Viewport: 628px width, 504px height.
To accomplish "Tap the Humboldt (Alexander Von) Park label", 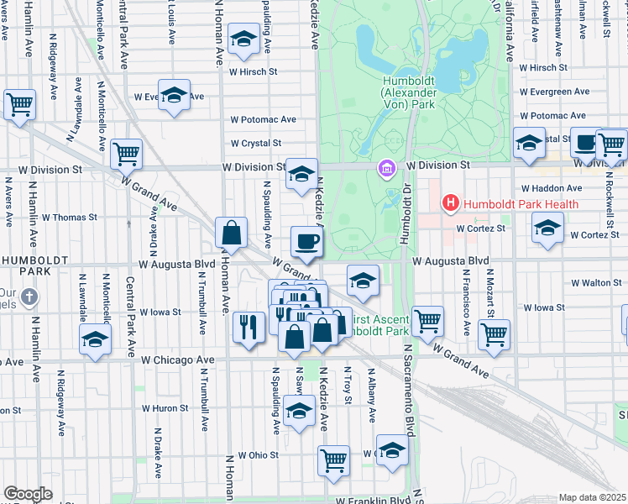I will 407,90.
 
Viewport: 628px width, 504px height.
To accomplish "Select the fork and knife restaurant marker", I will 248,325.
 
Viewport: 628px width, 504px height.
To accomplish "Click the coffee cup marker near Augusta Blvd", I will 306,242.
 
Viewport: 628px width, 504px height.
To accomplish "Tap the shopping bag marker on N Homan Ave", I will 231,233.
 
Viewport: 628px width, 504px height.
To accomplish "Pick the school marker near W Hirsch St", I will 244,40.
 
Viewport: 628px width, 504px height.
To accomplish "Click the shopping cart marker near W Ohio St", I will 333,460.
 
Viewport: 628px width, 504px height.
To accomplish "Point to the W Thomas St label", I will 70,217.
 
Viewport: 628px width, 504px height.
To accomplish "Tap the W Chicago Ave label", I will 177,360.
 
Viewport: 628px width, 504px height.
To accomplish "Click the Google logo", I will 28,494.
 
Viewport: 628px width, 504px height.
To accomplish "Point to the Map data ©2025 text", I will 592,497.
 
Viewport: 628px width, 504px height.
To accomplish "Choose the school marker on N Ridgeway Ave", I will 95,340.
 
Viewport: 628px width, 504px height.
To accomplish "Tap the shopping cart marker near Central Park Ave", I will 126,154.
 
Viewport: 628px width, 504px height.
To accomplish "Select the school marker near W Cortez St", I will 547,228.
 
